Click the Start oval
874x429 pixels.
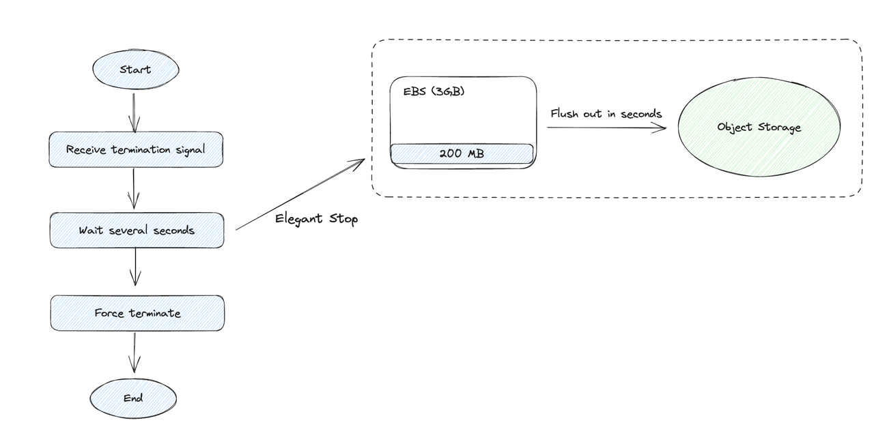click(135, 70)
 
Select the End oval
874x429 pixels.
click(133, 398)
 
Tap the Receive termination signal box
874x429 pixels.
click(136, 149)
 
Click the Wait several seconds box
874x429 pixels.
click(137, 231)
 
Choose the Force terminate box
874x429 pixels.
click(137, 313)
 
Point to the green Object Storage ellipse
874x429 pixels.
click(759, 128)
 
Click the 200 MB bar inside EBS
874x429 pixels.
click(462, 153)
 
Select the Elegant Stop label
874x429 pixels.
click(316, 219)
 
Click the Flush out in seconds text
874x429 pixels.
click(606, 114)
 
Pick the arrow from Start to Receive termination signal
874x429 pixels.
click(134, 112)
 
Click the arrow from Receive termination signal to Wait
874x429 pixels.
click(134, 188)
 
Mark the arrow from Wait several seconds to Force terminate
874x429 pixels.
click(135, 266)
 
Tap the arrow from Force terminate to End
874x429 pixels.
click(135, 353)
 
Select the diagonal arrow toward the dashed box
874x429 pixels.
click(300, 194)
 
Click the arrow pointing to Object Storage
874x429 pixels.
click(606, 128)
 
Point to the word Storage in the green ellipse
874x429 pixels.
click(778, 128)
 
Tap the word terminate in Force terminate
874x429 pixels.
click(155, 313)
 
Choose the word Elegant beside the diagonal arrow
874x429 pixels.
click(298, 219)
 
